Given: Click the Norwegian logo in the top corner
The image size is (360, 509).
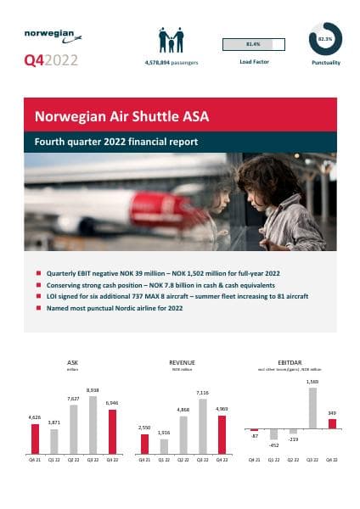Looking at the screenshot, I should tap(53, 37).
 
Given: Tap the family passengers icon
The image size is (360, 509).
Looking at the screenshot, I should tap(171, 41).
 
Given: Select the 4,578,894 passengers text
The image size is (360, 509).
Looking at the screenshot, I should tap(171, 62).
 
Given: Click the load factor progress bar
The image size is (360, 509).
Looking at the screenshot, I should tap(252, 43).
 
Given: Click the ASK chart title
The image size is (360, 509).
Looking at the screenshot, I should tap(72, 361).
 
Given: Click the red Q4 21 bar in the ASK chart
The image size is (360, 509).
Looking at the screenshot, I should tap(35, 439).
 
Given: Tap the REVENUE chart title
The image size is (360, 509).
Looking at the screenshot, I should tap(182, 361).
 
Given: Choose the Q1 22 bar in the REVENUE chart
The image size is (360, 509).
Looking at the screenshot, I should tap(164, 446).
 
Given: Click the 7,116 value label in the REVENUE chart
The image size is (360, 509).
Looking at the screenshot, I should tap(202, 393).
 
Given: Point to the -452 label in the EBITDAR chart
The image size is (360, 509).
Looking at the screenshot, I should tap(273, 444).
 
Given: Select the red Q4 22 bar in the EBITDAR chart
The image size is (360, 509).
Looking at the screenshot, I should tap(332, 423).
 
